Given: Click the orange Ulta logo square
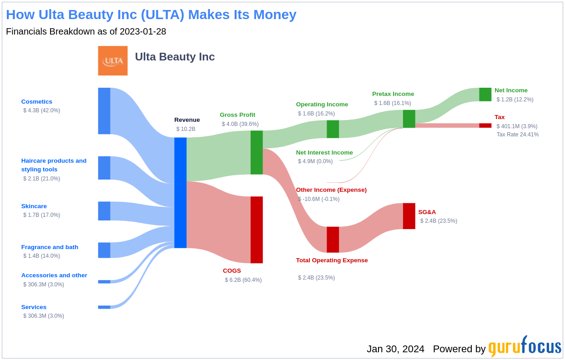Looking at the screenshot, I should point(113,60).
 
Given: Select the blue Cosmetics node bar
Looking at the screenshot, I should point(104,111).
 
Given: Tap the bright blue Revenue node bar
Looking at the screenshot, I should point(180,193).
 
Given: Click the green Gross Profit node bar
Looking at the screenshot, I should point(257,152).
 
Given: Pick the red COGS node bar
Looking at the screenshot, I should point(257,230).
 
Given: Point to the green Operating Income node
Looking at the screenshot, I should point(333,129).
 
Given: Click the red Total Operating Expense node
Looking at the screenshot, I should point(333,240).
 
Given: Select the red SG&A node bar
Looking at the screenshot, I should point(409,216).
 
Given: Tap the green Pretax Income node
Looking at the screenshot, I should point(409,119).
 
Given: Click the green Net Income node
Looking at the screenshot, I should point(485,95).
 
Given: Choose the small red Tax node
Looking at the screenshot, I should point(485,125).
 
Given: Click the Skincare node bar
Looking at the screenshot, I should point(104,211).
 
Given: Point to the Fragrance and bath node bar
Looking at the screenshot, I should point(104,250).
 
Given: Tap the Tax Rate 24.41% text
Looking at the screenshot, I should point(517,135).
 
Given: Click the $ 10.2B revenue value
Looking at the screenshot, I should point(186,129).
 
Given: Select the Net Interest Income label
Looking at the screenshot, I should point(324,153).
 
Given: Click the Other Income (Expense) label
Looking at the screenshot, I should point(331,190).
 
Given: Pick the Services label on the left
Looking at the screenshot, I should point(34,307).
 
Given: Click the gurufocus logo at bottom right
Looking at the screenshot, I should point(525,347).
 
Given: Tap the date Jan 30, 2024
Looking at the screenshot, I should point(395,349).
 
